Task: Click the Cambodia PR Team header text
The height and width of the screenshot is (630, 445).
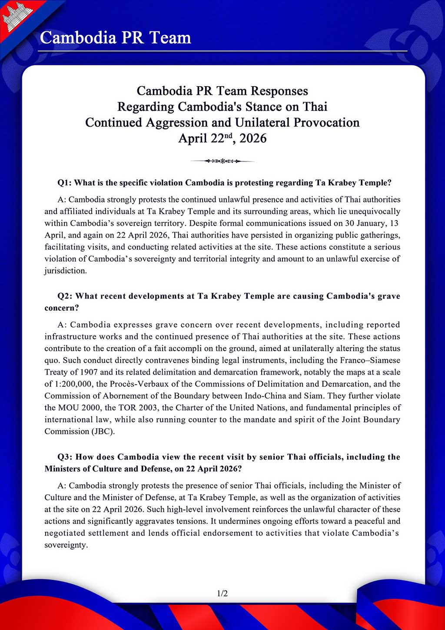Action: pos(116,38)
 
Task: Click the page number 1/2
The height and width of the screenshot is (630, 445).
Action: pos(222,593)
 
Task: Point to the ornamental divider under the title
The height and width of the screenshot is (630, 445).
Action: pos(222,161)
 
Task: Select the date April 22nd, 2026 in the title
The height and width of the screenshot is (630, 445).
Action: pos(222,138)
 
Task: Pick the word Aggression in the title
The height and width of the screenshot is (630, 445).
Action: pos(177,122)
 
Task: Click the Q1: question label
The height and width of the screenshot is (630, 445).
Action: pos(65,183)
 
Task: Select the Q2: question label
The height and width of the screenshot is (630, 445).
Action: pos(65,296)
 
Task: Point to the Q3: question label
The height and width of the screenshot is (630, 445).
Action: pos(65,457)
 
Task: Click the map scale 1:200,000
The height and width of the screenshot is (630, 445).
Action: pos(72,384)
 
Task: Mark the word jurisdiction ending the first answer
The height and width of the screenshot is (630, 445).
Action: pos(65,271)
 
